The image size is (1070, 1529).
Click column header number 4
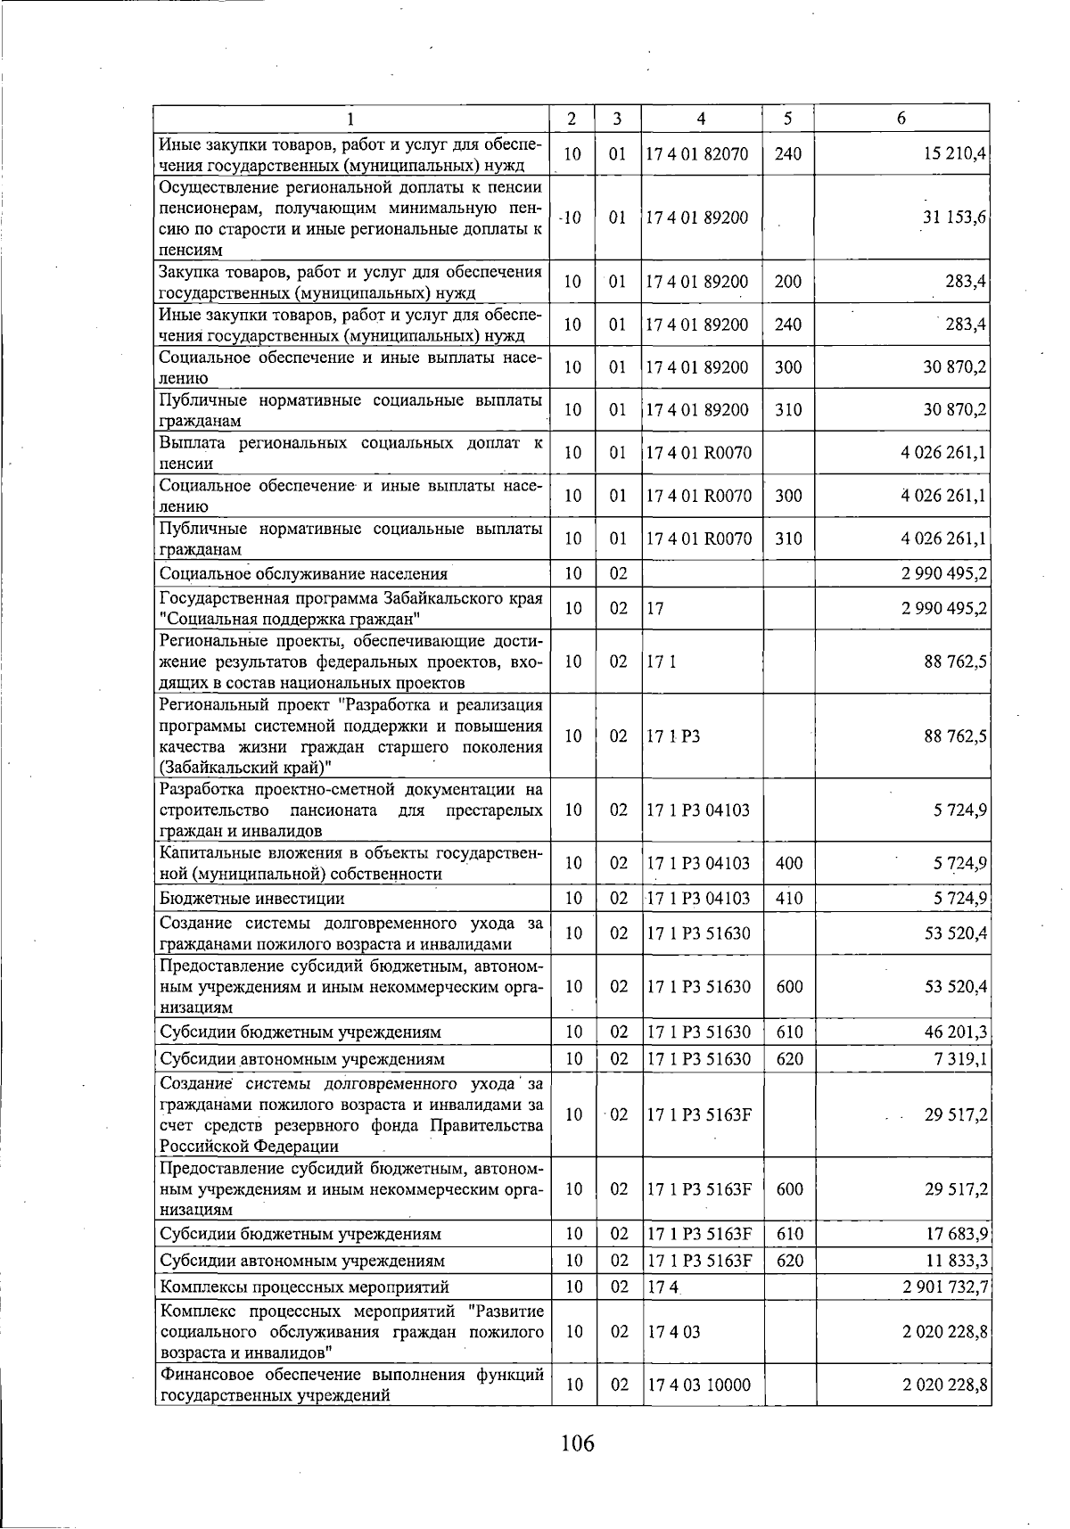point(702,119)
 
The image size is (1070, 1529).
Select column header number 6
point(901,119)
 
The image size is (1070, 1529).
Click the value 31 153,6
point(954,218)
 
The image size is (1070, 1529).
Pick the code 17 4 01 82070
point(697,153)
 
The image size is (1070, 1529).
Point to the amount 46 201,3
point(954,1032)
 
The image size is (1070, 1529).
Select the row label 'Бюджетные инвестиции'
point(252,898)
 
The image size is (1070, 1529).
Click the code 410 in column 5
point(789,898)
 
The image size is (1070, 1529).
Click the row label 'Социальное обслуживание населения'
point(303,573)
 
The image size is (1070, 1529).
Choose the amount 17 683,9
point(954,1234)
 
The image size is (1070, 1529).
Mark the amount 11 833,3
point(954,1261)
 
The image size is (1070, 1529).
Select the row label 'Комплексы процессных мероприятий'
point(303,1286)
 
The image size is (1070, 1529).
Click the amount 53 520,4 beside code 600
point(954,987)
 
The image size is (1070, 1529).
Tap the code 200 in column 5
point(788,282)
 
